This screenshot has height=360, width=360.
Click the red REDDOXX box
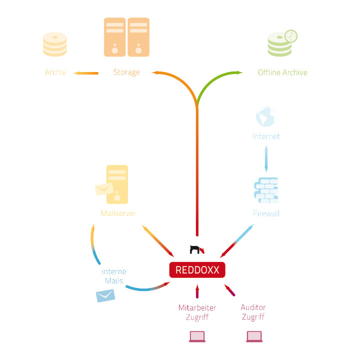coord(197,270)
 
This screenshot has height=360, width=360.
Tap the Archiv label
coord(55,72)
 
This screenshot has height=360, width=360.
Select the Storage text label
coord(126,72)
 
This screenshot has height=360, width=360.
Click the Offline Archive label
coord(282,72)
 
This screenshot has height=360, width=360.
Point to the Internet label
coord(266,136)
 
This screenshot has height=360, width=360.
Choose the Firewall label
coord(266,214)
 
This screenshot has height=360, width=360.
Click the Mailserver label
coord(118,213)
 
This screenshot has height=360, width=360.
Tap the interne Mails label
coord(113,276)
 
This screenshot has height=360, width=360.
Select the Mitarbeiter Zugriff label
coord(197,312)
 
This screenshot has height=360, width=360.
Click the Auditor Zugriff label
coord(253,312)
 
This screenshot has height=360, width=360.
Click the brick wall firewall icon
coord(266,190)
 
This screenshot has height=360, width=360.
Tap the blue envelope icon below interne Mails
coord(105,296)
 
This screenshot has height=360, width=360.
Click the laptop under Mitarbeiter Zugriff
coord(197,336)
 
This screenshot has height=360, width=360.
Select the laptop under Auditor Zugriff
coord(254,336)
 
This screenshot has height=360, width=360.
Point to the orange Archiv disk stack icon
coord(55,44)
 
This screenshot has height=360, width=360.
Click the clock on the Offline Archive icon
coord(290,36)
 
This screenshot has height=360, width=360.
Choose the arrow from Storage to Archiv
coord(86,73)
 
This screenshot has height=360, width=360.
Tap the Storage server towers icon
coord(126,37)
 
